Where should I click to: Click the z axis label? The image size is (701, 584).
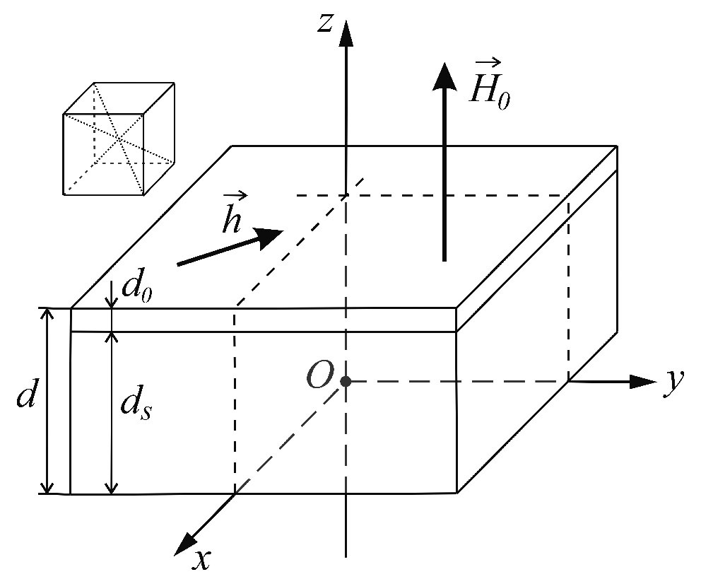tap(325, 23)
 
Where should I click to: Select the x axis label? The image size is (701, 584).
tap(203, 559)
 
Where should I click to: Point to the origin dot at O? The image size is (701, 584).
tap(346, 382)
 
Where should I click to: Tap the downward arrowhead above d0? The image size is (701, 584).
tap(112, 303)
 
